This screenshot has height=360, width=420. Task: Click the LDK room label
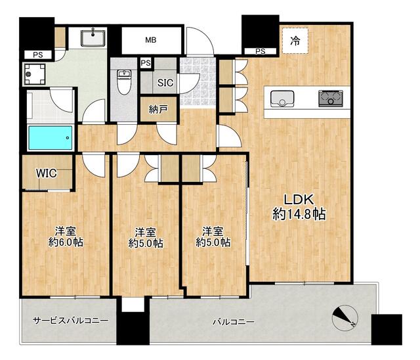click(299, 200)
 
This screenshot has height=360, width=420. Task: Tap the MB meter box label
click(151, 40)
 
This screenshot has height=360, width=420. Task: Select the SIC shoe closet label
click(165, 83)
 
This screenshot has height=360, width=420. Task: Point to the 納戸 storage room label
click(158, 109)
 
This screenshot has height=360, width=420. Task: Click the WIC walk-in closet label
click(47, 173)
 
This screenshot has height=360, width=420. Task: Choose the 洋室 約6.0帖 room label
click(66, 236)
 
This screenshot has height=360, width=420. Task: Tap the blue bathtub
click(51, 138)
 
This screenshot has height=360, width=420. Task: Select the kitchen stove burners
click(330, 99)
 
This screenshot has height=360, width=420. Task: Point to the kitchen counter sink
click(282, 99)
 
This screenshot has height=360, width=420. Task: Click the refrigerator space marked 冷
click(295, 41)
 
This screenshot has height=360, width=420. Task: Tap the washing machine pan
click(35, 74)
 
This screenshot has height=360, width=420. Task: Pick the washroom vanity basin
click(93, 38)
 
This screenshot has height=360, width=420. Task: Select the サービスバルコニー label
click(71, 320)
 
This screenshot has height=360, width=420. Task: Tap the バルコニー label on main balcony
click(234, 322)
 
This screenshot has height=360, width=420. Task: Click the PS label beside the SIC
click(146, 63)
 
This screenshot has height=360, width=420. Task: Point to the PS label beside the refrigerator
click(261, 51)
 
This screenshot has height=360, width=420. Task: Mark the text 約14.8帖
click(299, 214)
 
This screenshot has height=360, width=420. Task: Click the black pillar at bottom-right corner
click(387, 329)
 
